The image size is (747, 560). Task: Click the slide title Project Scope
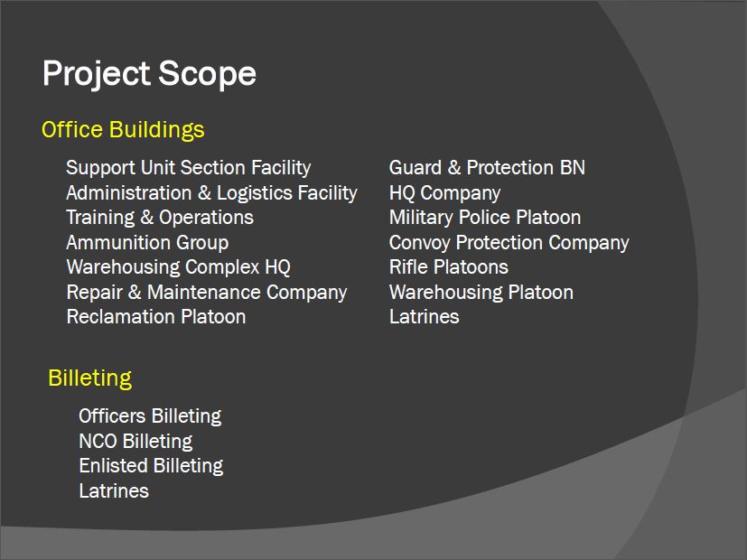149,74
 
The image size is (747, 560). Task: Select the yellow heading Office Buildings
123,130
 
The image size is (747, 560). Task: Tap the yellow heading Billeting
90,378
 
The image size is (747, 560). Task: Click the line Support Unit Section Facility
188,168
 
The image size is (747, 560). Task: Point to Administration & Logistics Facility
211,193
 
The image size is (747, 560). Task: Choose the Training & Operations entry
160,218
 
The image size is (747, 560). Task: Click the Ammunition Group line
147,243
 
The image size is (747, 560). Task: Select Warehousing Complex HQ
178,267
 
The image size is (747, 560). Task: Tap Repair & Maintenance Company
206,293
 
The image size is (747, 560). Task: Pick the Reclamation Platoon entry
155,317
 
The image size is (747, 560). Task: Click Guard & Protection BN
487,168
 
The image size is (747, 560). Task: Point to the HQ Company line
444,193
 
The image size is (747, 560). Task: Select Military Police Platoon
485,218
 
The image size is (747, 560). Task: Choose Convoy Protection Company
509,243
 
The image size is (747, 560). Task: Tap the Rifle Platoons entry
448,267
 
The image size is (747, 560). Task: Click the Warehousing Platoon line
481,293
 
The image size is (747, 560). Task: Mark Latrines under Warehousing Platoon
424,317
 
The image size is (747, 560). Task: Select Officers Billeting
150,416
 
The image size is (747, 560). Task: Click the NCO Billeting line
135,442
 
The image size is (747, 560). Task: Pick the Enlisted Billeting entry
151,466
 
